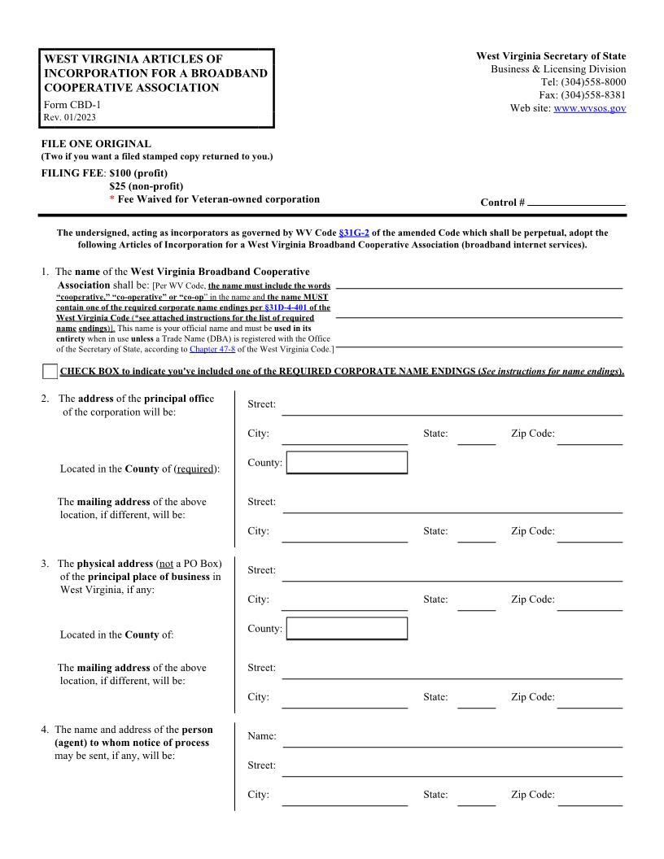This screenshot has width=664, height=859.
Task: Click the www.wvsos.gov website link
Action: point(589,108)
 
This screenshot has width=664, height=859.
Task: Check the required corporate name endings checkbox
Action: point(50,372)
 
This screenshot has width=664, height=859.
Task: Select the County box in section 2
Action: point(347,463)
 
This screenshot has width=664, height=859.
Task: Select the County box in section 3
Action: point(347,629)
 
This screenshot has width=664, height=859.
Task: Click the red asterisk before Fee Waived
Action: point(111,200)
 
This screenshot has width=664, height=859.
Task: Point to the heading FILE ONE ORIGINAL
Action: point(96,144)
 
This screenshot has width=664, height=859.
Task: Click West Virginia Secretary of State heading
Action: point(551,56)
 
